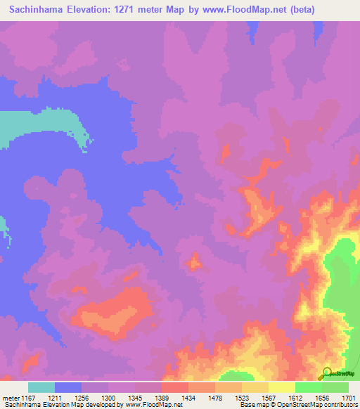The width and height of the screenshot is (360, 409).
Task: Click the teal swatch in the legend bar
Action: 41,387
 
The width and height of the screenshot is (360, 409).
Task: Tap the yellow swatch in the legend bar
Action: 281,387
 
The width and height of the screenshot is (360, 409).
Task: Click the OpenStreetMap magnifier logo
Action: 329,372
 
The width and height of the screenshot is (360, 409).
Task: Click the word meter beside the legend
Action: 11,398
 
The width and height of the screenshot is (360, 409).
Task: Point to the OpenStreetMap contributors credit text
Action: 321,405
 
